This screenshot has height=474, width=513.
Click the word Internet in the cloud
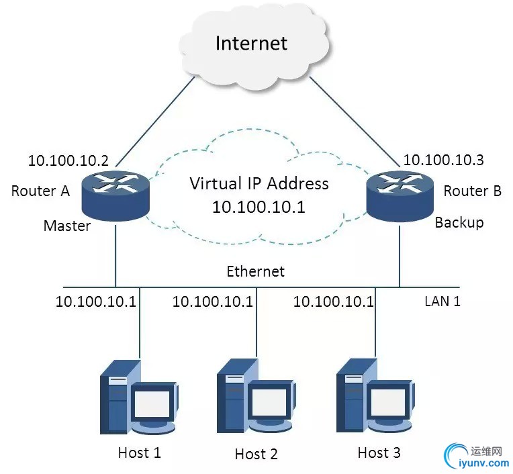click(251, 44)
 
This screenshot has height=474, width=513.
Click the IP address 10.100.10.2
click(68, 161)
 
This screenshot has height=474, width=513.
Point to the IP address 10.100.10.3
click(443, 160)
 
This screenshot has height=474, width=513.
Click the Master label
click(67, 226)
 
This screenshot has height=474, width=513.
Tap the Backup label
click(459, 223)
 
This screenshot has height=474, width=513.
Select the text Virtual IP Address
click(259, 183)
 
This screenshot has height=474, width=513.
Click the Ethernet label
click(255, 271)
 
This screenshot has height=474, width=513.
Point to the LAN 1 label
click(442, 301)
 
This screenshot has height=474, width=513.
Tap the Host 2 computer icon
click(256, 399)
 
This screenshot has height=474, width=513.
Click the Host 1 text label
click(140, 453)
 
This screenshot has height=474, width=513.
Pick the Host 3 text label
click(379, 453)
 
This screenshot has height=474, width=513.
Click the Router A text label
click(40, 191)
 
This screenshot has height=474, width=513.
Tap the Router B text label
click(473, 191)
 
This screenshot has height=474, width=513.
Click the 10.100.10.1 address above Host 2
click(213, 301)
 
